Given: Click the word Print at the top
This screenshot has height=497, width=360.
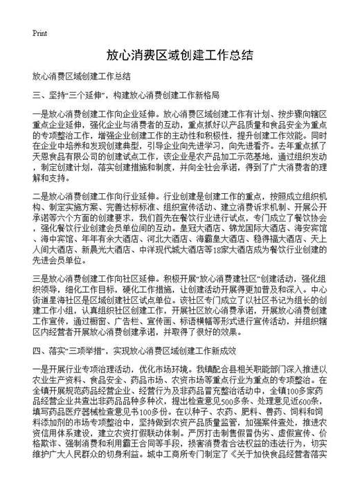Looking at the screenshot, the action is [39, 33].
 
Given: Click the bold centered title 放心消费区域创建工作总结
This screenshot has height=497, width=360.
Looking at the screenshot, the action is [179, 54].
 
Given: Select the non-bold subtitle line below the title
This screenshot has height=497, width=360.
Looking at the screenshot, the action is [82, 75].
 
